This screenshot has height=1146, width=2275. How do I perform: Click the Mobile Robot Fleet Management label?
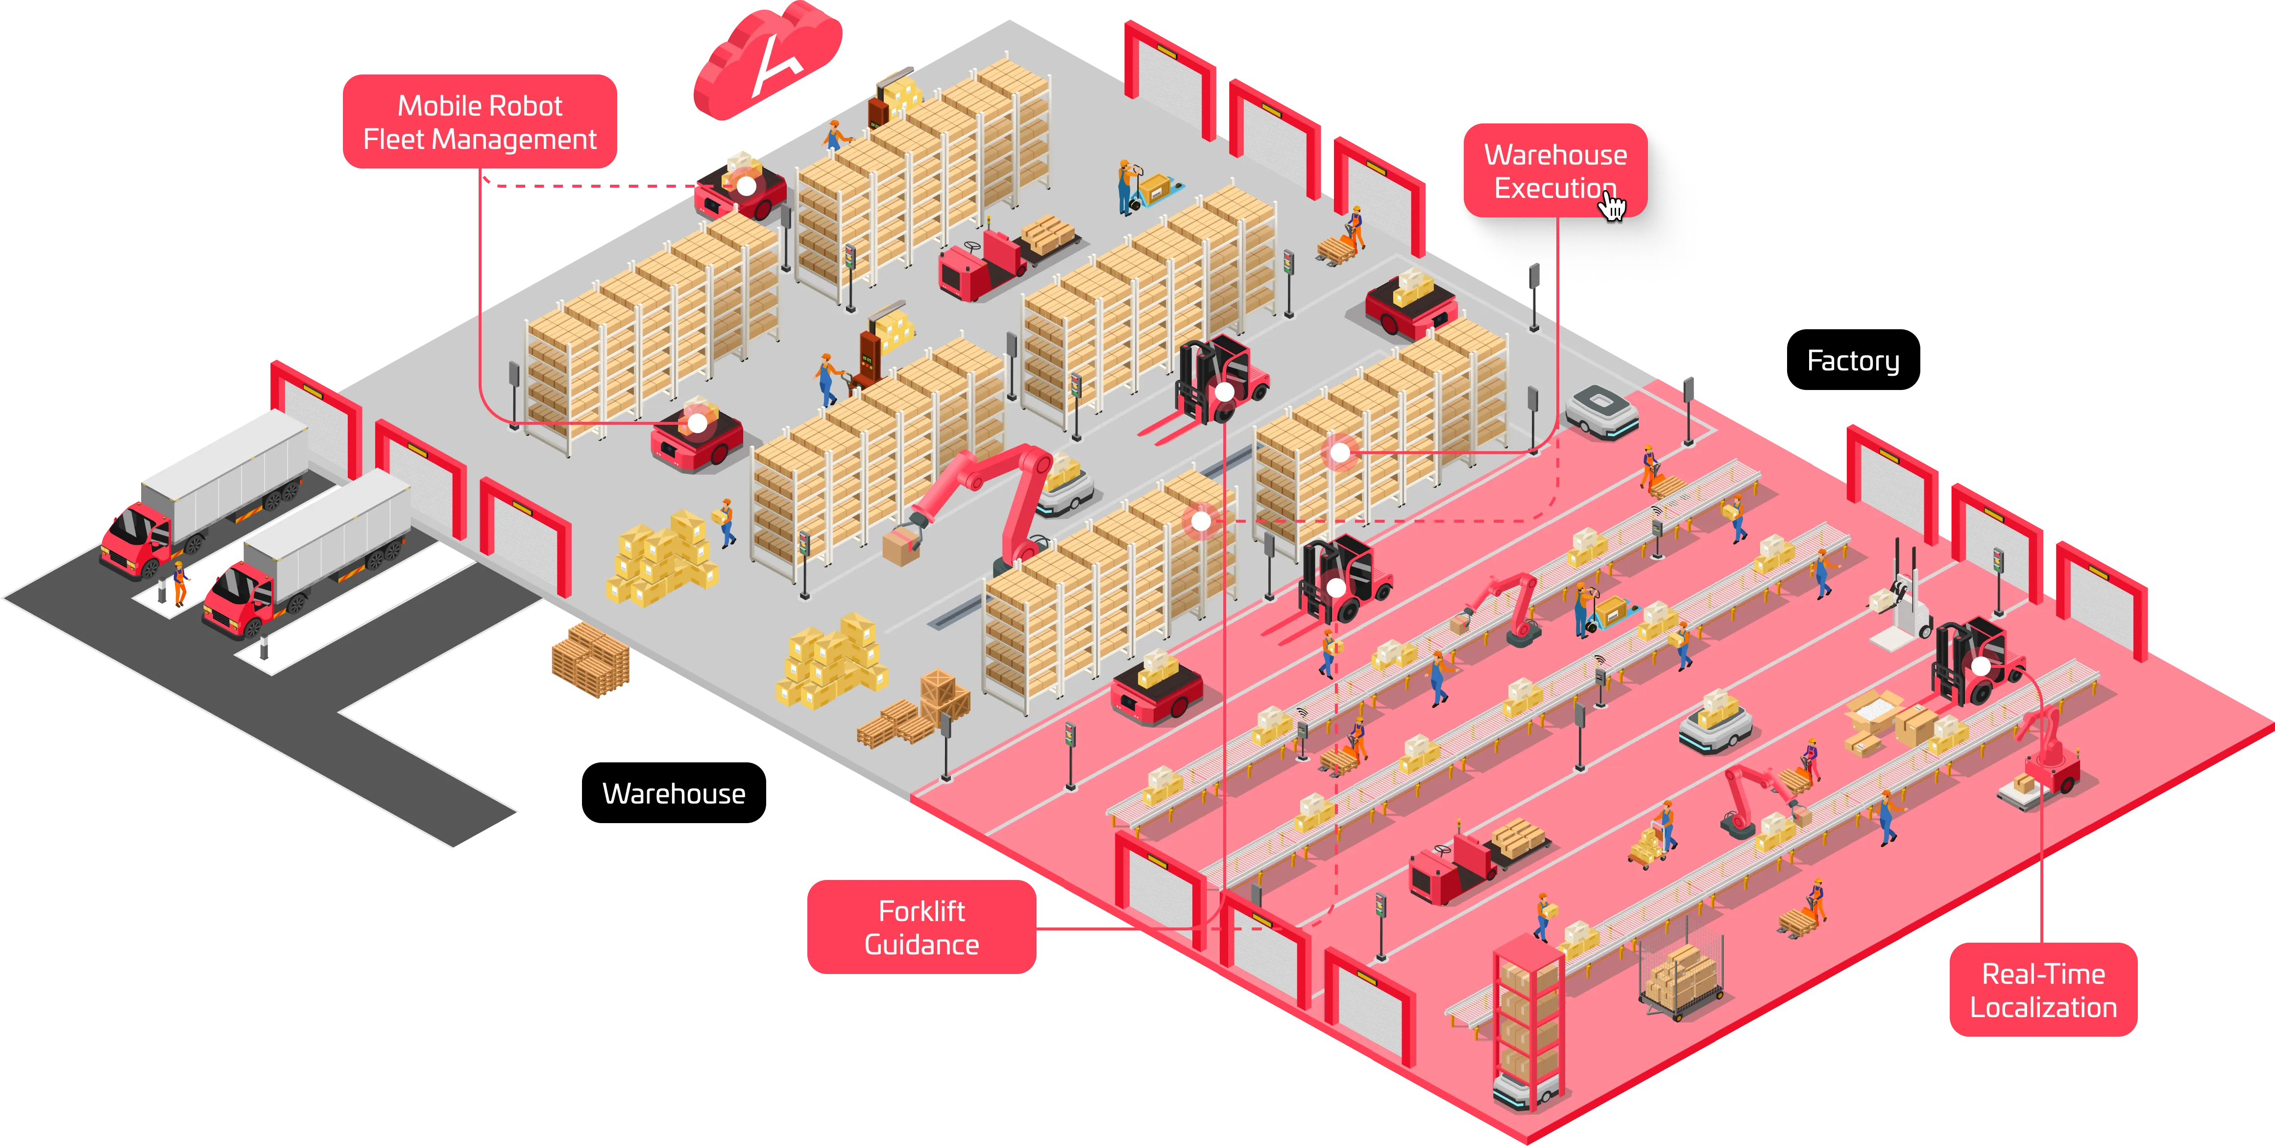tap(480, 122)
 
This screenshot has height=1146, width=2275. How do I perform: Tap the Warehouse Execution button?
tap(1554, 171)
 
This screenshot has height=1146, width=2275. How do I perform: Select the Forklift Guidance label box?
tap(921, 927)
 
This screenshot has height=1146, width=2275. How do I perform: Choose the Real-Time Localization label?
tap(2043, 990)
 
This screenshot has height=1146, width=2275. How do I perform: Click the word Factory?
tap(1852, 361)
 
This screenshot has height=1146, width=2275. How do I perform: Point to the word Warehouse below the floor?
tap(673, 793)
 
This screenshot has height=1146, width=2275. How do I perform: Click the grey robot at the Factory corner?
tap(1601, 411)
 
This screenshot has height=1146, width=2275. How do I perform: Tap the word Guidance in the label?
tap(921, 945)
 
